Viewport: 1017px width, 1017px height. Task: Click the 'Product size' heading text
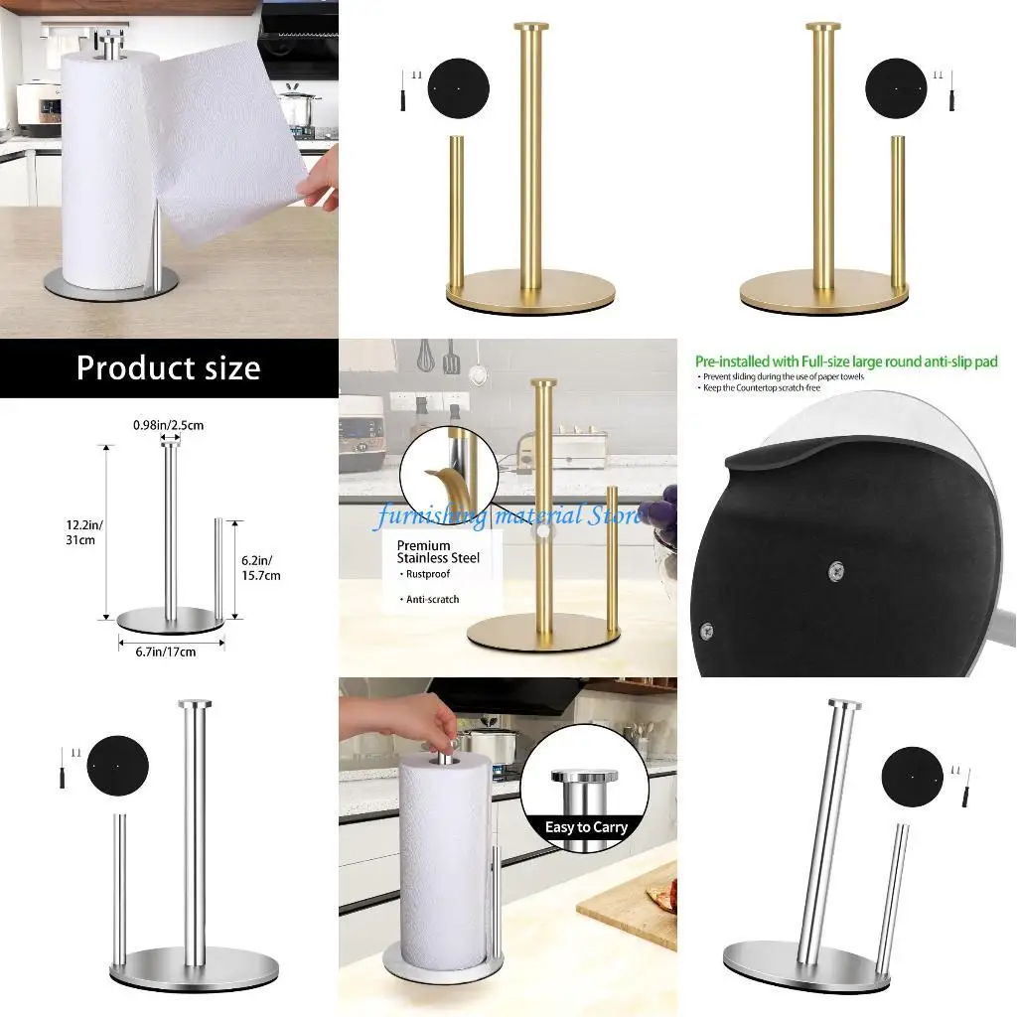coord(168,368)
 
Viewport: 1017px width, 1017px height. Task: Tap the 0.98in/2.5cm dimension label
coord(171,426)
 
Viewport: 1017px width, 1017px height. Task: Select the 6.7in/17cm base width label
coord(165,652)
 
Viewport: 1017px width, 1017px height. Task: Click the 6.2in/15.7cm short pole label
coord(261,567)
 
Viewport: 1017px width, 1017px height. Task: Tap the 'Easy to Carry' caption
coord(586,827)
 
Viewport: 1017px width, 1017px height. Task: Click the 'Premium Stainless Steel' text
coord(438,552)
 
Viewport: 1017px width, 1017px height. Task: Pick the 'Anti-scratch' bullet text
coord(433,600)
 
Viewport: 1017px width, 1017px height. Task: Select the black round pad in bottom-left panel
coord(117,767)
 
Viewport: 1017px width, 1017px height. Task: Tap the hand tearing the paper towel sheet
coord(321,185)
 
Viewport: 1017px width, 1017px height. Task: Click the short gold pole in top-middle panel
coord(457,211)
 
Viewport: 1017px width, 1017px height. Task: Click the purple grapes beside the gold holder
coord(659,508)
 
